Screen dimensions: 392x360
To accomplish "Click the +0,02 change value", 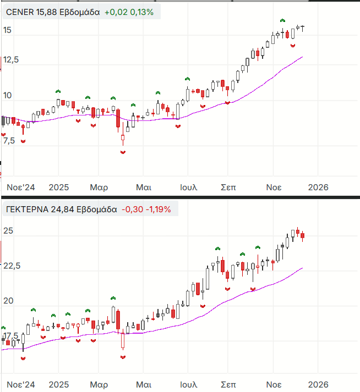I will click(116, 12).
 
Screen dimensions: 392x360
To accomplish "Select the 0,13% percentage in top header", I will click(143, 12).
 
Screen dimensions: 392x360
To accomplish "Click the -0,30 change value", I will click(132, 209).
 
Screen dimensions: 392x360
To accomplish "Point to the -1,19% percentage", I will click(159, 209).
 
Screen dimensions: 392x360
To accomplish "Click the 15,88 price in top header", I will click(47, 12).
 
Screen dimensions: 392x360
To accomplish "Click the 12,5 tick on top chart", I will click(10, 59).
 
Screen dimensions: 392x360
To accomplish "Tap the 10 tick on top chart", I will click(7, 96).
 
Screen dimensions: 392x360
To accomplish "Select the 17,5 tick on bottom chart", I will click(10, 336).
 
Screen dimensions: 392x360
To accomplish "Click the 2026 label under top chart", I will click(318, 187).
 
